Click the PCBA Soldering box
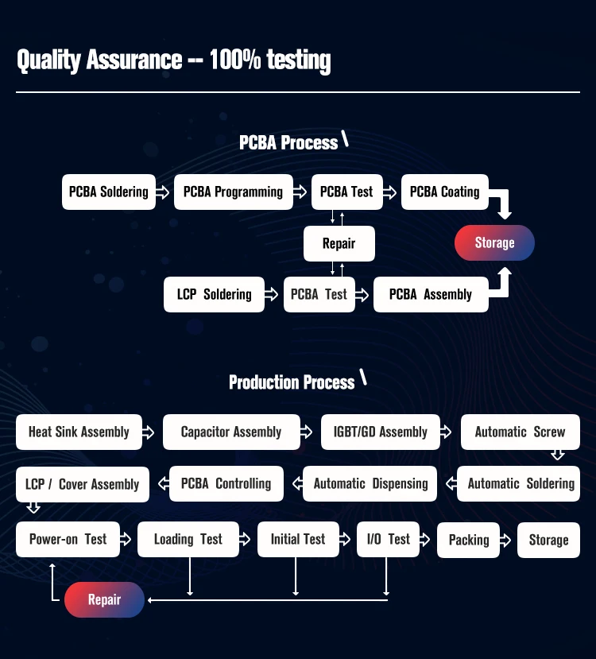click(108, 192)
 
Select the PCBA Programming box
click(233, 192)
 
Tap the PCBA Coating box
click(444, 192)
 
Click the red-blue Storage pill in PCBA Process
click(494, 242)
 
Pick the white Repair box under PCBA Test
click(339, 243)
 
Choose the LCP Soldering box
click(214, 294)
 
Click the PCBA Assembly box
click(431, 294)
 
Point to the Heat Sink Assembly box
click(79, 432)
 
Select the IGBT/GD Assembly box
click(380, 432)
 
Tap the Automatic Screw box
click(520, 432)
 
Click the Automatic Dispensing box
click(370, 483)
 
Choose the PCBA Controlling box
click(226, 483)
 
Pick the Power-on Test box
click(68, 539)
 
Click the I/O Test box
click(388, 539)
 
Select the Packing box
click(469, 540)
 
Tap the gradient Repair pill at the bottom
click(104, 599)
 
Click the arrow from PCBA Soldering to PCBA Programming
click(162, 192)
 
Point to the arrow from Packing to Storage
click(506, 540)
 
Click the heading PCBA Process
click(288, 142)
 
